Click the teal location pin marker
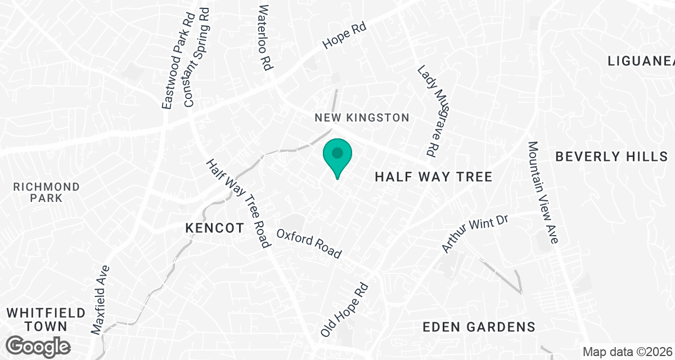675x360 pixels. (x=337, y=156)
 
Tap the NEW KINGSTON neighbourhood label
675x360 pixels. (x=362, y=118)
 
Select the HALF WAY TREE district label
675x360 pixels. (x=433, y=177)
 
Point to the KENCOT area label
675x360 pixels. (x=214, y=228)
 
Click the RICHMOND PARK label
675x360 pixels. (x=47, y=192)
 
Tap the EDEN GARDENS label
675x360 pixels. (x=478, y=327)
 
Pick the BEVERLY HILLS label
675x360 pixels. (x=611, y=156)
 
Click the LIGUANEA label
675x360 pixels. (x=641, y=61)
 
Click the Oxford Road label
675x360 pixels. (x=309, y=244)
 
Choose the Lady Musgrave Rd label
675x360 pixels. (x=428, y=111)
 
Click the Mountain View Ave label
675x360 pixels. (x=542, y=192)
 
